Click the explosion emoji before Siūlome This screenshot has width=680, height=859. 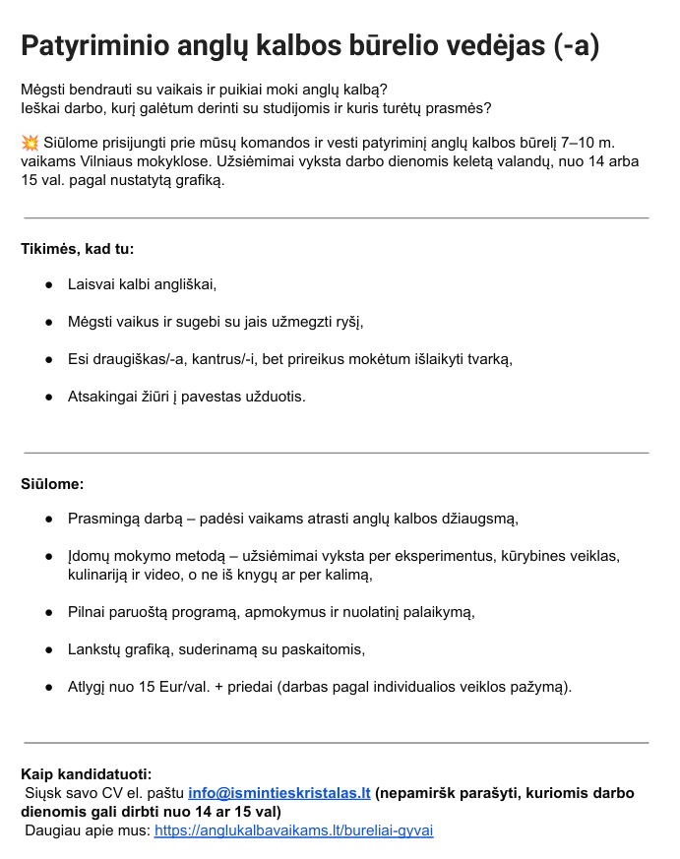[x=30, y=144]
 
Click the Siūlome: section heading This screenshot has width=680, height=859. [x=52, y=484]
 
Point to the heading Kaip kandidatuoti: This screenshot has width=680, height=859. [x=87, y=774]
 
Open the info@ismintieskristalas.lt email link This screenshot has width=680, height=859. [x=279, y=792]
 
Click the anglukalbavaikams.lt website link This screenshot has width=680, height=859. [x=293, y=829]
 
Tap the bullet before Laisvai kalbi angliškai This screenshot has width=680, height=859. [x=48, y=284]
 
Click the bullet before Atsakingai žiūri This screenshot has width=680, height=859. [x=48, y=397]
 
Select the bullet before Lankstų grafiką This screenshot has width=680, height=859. [x=48, y=649]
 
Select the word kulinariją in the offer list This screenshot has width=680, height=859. [x=103, y=575]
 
